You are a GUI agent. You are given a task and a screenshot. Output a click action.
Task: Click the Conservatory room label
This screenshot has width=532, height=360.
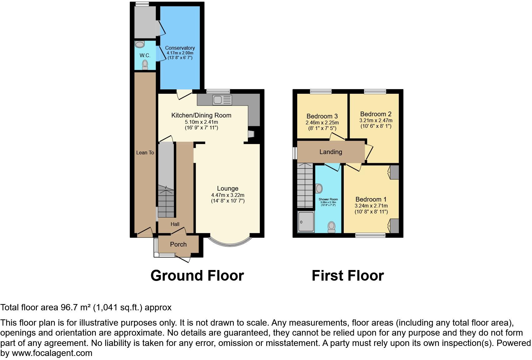180,48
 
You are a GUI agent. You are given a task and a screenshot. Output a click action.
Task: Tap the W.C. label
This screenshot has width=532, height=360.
145,55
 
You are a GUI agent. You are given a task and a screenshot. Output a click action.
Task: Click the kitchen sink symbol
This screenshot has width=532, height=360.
222,100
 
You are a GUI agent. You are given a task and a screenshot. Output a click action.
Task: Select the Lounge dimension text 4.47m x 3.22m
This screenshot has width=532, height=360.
228,195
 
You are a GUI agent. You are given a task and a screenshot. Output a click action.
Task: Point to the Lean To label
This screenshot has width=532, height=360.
145,152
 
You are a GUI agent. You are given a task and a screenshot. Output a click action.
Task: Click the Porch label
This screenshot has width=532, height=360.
178,244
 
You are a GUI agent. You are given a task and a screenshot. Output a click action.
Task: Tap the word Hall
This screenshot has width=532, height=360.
175,224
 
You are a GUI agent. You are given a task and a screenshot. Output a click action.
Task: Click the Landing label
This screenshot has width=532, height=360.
331,152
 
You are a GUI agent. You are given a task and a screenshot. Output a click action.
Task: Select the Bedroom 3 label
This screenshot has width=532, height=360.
322,116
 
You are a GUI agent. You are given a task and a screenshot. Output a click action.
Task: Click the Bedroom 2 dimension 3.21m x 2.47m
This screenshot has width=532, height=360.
376,120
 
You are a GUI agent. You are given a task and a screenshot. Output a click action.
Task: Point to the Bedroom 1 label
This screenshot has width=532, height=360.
371,199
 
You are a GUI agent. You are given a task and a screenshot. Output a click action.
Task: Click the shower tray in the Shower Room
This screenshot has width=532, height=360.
306,222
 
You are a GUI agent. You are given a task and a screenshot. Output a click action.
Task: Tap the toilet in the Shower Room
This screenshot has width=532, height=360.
332,227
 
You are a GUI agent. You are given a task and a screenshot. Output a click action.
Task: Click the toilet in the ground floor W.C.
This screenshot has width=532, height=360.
145,65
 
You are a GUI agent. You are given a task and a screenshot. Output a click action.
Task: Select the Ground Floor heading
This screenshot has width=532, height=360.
197,276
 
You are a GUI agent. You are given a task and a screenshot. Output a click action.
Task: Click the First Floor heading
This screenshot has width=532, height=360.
347,276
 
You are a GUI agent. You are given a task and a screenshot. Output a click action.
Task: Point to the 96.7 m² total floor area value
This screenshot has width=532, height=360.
75,307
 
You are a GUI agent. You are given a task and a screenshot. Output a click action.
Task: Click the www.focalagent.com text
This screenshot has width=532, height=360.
52,353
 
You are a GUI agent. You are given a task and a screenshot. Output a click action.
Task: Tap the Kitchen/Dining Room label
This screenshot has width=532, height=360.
201,115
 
